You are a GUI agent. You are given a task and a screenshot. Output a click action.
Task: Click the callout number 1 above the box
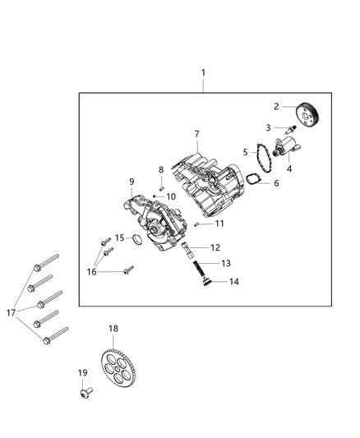coord(204,72)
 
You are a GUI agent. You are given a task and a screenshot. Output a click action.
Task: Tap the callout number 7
coord(197,134)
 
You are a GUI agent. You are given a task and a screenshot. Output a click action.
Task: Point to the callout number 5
coord(245,152)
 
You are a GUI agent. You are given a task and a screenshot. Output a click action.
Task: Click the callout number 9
coord(131,181)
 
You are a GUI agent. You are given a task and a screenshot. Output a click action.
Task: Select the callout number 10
coord(171,196)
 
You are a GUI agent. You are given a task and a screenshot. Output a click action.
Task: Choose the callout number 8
coord(161,170)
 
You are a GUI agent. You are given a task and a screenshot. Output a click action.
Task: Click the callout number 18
coord(113,329)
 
